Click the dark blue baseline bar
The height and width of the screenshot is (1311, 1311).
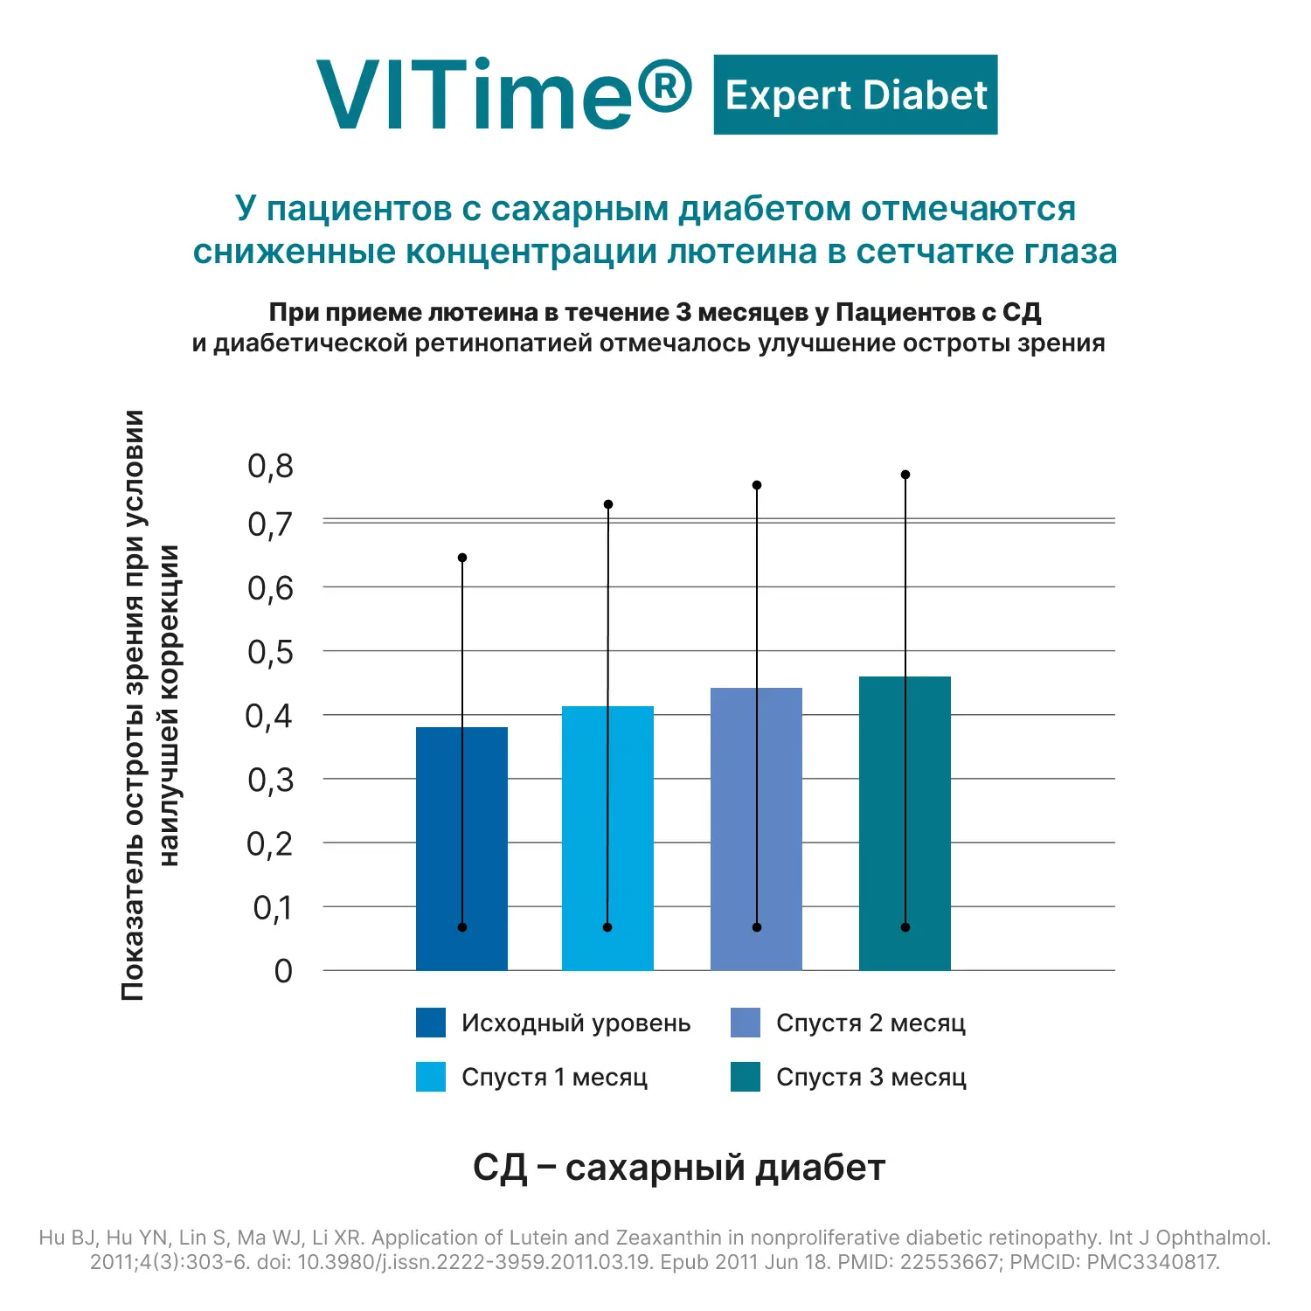pos(461,848)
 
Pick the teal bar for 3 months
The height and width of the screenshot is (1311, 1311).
pos(905,822)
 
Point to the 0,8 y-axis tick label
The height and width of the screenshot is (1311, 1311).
pos(271,466)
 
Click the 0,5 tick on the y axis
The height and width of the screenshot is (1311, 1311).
pos(271,652)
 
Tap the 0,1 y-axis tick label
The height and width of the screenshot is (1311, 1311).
pos(273,908)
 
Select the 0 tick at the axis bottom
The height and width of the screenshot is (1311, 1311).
pos(283,971)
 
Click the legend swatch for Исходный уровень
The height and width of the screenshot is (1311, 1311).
pos(431,1023)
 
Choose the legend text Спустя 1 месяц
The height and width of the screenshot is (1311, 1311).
pos(554,1077)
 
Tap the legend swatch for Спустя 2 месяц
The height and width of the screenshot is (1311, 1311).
pos(746,1023)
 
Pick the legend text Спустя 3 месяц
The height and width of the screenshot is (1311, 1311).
pos(871,1077)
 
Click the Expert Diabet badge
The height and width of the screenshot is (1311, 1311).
pos(855,94)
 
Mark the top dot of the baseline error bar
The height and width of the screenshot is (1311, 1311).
pos(462,558)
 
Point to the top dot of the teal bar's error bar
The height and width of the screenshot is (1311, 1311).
pos(905,475)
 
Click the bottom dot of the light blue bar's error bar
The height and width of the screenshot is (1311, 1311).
pos(607,927)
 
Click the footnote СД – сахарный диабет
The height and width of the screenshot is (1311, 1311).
pos(679,1168)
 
